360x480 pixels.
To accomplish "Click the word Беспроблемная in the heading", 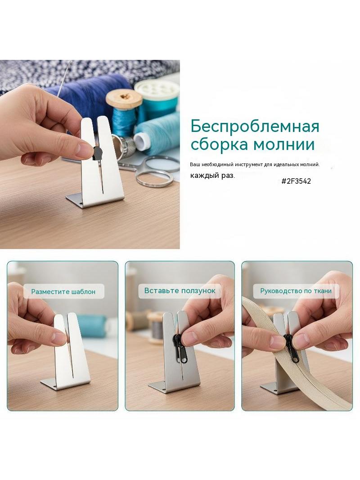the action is pos(255,127).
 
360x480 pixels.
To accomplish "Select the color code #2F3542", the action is pos(296,181).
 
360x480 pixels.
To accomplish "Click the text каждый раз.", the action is pos(212,176).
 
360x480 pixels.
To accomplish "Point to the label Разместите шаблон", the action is pos(63,291).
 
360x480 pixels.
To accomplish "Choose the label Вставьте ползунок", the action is pos(180,290).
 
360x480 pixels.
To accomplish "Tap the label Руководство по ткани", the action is pos(296,290).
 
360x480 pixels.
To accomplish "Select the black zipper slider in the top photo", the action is pos(97,153).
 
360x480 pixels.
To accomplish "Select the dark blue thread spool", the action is pos(92,92).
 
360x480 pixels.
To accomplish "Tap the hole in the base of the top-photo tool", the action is pos(81,203).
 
